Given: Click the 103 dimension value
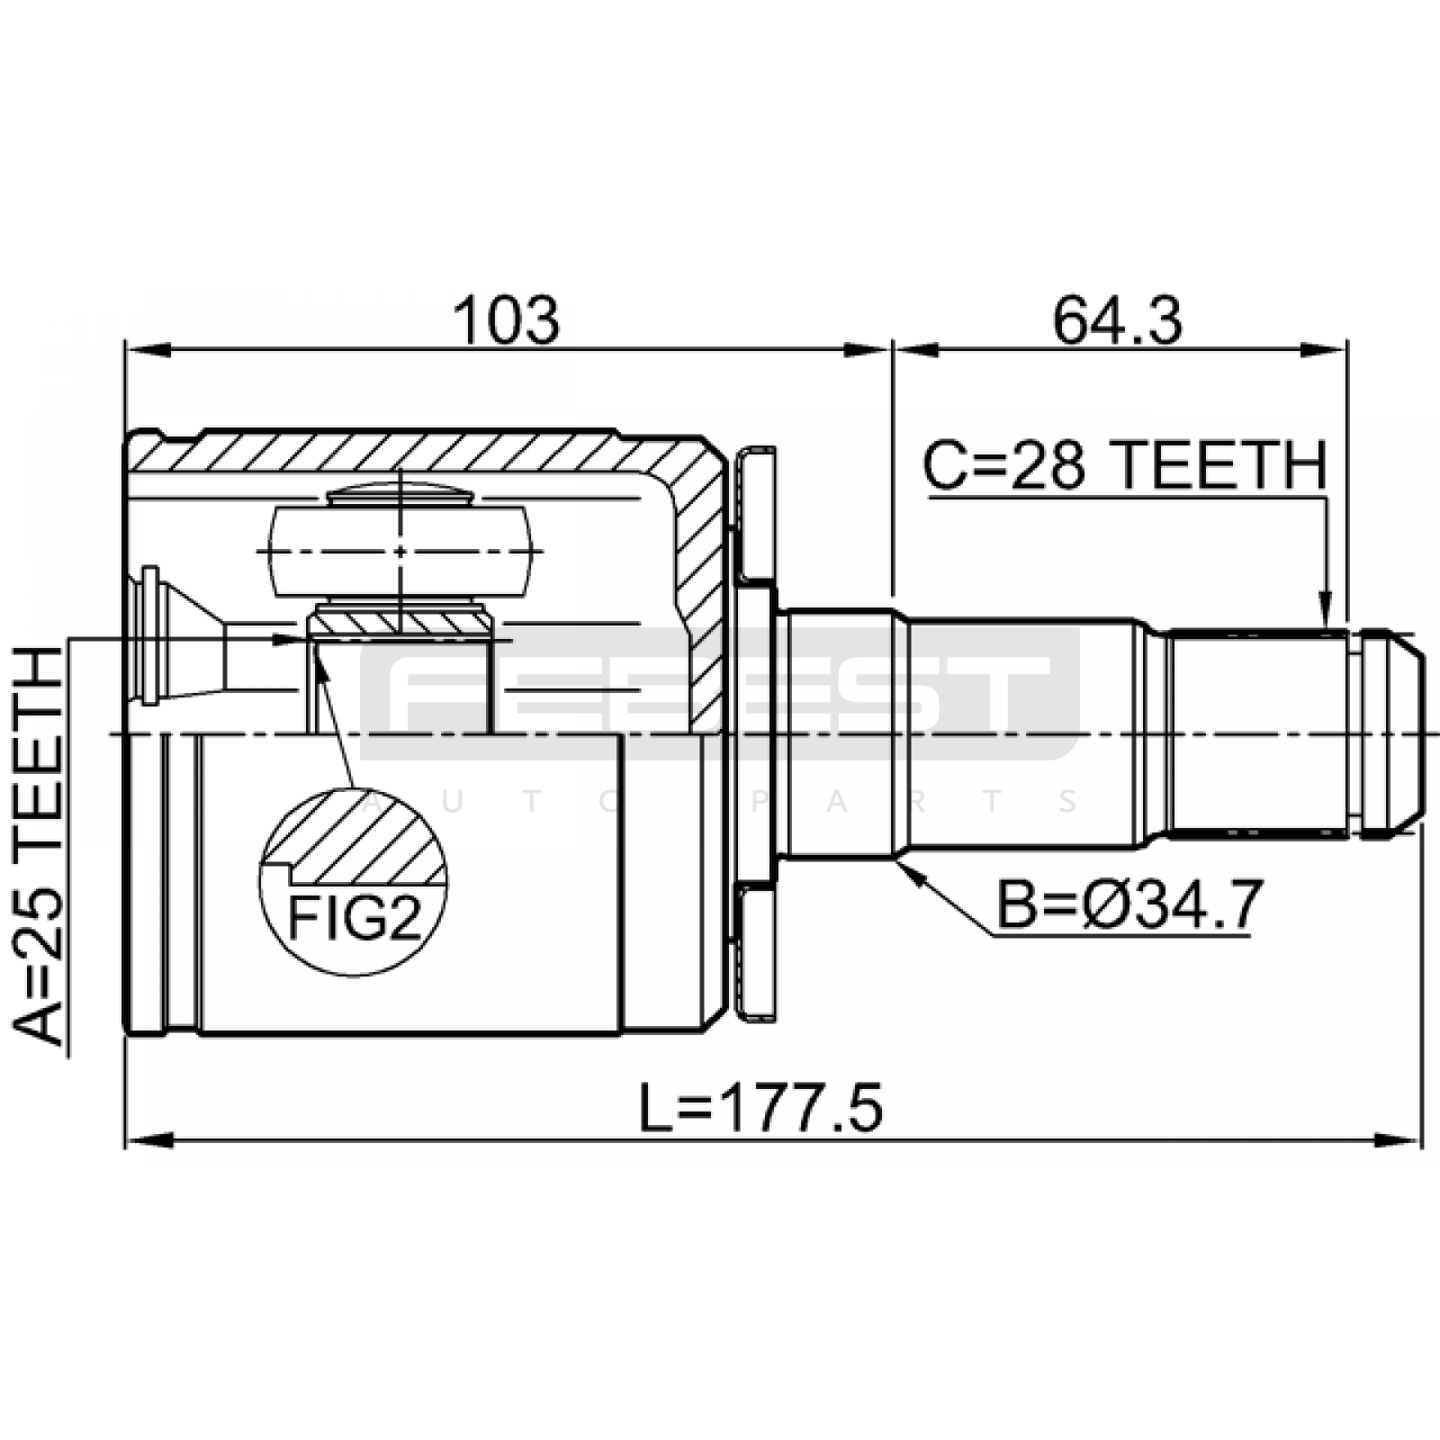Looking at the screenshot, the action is [506, 320].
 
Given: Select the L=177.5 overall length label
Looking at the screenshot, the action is [760, 1109].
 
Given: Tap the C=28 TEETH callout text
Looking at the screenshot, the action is [1125, 465].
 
